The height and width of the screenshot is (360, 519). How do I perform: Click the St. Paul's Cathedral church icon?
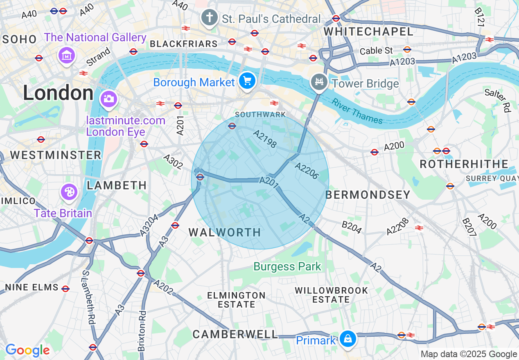pos(210,18)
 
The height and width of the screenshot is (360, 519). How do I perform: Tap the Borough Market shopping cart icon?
pos(247,81)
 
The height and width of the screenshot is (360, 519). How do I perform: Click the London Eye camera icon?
pos(108,99)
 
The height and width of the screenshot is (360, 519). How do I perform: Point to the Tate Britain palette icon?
pos(69,192)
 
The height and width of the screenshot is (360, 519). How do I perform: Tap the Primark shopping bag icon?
pos(348,339)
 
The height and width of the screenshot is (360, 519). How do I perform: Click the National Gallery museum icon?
pos(67,54)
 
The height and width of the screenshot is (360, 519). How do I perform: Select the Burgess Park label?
pos(287,267)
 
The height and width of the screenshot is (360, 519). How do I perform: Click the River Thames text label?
pos(357,111)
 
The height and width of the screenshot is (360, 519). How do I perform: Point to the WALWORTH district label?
pos(225,232)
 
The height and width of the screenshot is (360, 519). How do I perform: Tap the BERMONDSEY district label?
pos(368,195)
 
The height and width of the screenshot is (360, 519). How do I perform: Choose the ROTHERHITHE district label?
pos(464,164)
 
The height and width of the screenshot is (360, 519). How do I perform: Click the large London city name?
pos(58,93)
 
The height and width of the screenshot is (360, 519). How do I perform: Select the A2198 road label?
pos(265,139)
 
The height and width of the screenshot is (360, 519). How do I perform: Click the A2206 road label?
pos(307,171)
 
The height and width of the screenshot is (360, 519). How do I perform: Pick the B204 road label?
pos(352,227)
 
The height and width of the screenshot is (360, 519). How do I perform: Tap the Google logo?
pos(27,350)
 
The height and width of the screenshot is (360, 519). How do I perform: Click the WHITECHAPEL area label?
pos(368,32)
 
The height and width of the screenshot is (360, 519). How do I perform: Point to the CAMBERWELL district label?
pos(235,334)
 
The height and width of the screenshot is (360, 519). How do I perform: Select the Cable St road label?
pos(376,51)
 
